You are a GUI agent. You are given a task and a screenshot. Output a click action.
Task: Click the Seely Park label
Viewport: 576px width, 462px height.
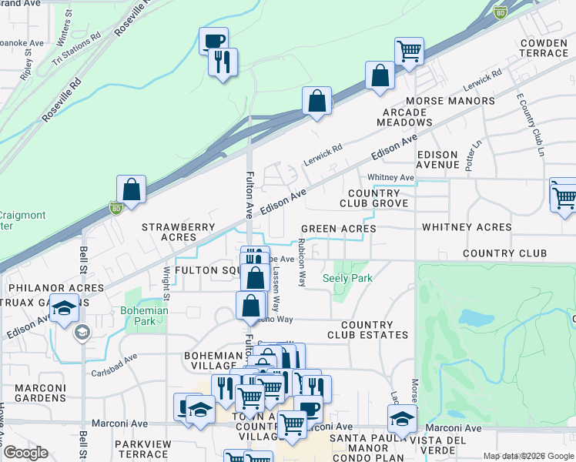(347, 278)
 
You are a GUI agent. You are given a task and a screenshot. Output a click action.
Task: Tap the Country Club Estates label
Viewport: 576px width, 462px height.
(367, 330)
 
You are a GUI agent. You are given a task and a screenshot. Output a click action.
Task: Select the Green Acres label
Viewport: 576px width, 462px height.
(338, 229)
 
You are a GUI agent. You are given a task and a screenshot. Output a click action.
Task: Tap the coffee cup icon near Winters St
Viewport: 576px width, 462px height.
(213, 39)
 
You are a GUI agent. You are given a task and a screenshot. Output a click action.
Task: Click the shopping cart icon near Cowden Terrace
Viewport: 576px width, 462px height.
(410, 51)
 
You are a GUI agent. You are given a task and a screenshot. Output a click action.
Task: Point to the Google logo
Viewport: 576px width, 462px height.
(25, 453)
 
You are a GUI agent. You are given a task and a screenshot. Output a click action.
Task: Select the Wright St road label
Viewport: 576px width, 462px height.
(166, 284)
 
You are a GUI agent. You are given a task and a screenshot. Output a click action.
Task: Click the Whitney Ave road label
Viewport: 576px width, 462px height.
(390, 178)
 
